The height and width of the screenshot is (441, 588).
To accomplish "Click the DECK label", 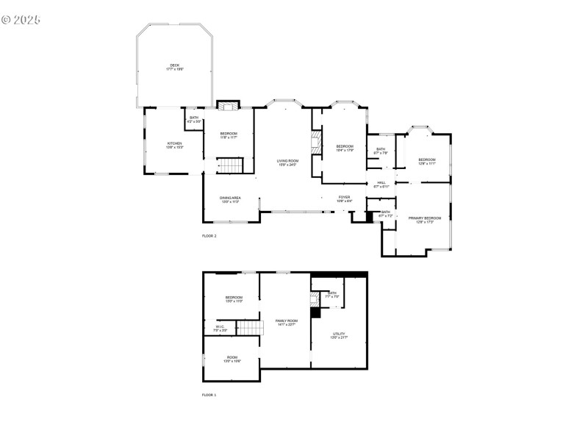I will [174, 65].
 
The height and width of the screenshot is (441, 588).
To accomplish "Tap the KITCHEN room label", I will [174, 143].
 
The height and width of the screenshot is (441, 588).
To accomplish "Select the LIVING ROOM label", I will [287, 161].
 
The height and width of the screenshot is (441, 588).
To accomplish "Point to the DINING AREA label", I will [230, 198].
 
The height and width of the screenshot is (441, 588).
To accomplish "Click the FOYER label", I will [344, 197].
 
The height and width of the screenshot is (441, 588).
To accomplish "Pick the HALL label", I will [381, 183].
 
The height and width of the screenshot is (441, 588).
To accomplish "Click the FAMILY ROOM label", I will [287, 321].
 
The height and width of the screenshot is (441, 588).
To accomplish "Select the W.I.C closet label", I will [220, 327].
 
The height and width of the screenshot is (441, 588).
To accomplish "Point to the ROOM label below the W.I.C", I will [232, 357].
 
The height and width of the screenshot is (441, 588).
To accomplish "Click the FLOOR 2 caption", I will [209, 236].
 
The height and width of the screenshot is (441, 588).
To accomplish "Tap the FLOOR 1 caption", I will [209, 395].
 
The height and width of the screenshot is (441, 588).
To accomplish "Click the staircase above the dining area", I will [232, 166].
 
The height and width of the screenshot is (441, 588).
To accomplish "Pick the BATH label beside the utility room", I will [332, 293].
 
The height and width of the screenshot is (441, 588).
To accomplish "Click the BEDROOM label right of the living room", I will [345, 146].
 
